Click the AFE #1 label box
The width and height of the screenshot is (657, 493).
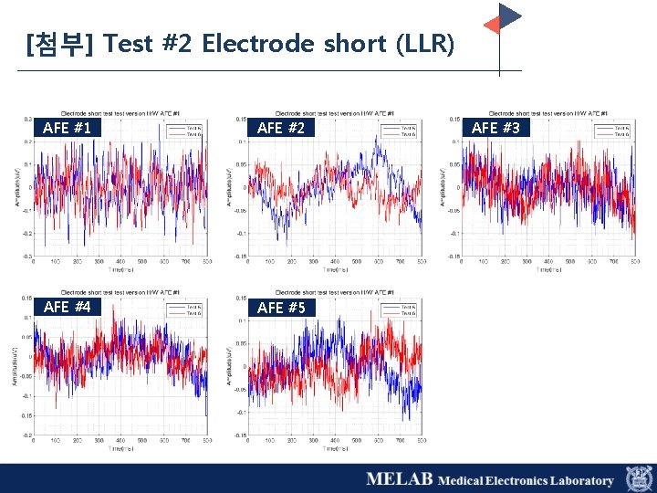click(68, 128)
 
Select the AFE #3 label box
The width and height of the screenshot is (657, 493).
click(495, 128)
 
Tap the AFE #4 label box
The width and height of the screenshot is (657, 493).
click(68, 307)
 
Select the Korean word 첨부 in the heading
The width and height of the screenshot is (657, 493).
click(57, 44)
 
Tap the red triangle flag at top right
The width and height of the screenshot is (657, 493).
click(492, 24)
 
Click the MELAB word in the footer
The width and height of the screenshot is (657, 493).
click(400, 479)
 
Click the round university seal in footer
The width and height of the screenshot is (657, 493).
click(638, 478)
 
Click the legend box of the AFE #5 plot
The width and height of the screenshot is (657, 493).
click(402, 309)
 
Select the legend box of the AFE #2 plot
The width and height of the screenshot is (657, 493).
click(402, 131)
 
